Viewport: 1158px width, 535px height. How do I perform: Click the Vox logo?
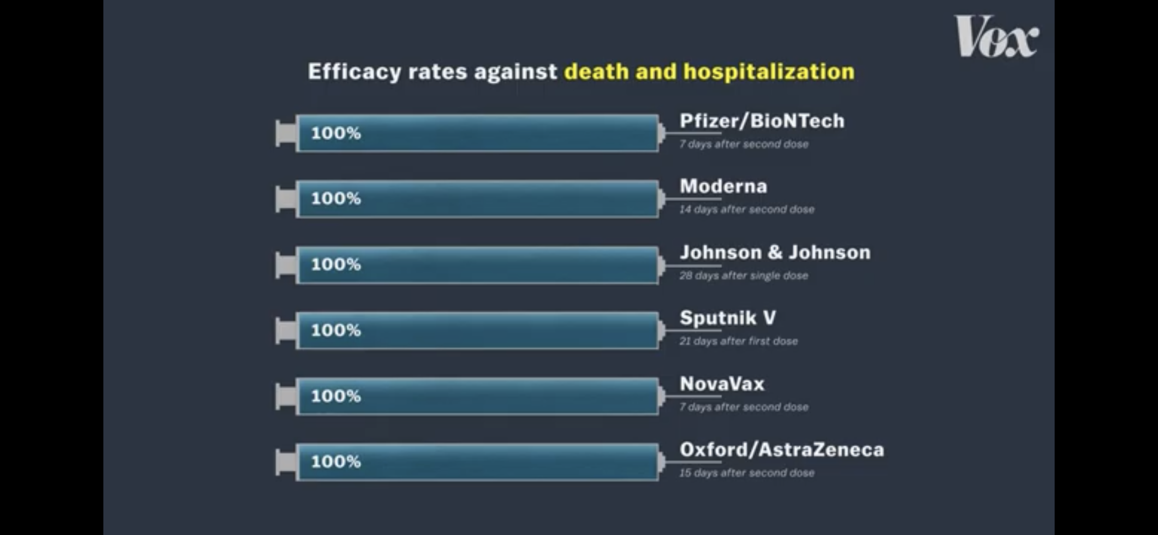click(996, 36)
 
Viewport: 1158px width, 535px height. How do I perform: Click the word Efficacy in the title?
click(355, 72)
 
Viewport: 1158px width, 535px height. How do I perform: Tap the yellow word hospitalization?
click(769, 72)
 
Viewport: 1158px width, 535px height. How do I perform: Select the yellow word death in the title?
click(596, 71)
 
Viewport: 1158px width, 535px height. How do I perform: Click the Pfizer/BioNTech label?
click(762, 121)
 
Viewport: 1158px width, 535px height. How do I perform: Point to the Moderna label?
click(724, 186)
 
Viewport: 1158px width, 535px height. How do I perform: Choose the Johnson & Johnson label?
click(775, 252)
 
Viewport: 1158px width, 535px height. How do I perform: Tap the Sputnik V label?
click(728, 318)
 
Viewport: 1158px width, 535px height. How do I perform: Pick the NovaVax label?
click(722, 384)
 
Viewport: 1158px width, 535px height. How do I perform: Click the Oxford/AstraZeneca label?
click(782, 449)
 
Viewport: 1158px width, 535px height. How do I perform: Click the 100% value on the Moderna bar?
click(336, 198)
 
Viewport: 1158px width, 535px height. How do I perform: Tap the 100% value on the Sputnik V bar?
click(336, 330)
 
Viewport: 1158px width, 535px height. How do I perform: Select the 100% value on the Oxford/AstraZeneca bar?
click(336, 461)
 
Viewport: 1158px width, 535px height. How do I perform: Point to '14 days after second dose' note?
click(747, 209)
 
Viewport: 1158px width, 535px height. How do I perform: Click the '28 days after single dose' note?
click(744, 276)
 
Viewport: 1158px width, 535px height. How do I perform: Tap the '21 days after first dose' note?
click(739, 341)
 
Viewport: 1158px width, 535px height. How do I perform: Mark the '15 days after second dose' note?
click(747, 473)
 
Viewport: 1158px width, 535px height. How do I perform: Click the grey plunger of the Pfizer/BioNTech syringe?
click(286, 134)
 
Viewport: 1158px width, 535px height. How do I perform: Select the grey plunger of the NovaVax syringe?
click(286, 396)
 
